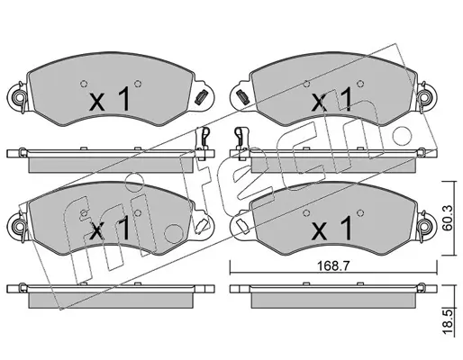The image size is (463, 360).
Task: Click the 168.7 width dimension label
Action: pos(334,266)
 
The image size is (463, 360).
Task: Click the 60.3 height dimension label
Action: pos(448,218)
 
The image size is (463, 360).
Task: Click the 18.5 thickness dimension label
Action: pos(448,322)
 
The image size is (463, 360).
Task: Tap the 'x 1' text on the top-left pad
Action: pos(110,99)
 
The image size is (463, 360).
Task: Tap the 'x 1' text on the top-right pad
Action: pos(331,100)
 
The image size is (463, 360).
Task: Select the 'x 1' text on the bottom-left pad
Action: pos(110,229)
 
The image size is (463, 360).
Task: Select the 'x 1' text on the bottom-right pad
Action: pos(331,229)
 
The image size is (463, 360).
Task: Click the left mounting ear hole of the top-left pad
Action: pos(18,97)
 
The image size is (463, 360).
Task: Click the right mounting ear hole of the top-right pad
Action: pos(425,97)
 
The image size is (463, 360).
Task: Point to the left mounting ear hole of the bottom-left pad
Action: pos(18,225)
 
